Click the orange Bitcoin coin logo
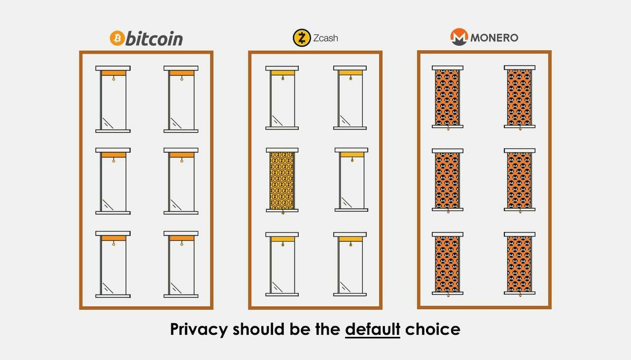(117, 38)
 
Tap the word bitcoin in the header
(155, 38)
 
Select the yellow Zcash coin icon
(302, 38)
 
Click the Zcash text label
(325, 38)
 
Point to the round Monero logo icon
(459, 37)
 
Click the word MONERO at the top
(494, 38)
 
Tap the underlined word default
(373, 329)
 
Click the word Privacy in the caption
(199, 330)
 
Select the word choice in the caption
(433, 329)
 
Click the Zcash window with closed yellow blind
(282, 181)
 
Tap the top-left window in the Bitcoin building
(113, 99)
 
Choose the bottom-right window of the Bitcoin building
(181, 264)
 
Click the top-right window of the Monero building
(520, 97)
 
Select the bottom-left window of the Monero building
(447, 264)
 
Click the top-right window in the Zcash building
(350, 98)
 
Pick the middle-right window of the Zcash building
(352, 180)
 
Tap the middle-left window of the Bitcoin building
(113, 181)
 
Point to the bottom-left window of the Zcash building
(282, 264)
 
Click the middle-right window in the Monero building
(520, 180)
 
